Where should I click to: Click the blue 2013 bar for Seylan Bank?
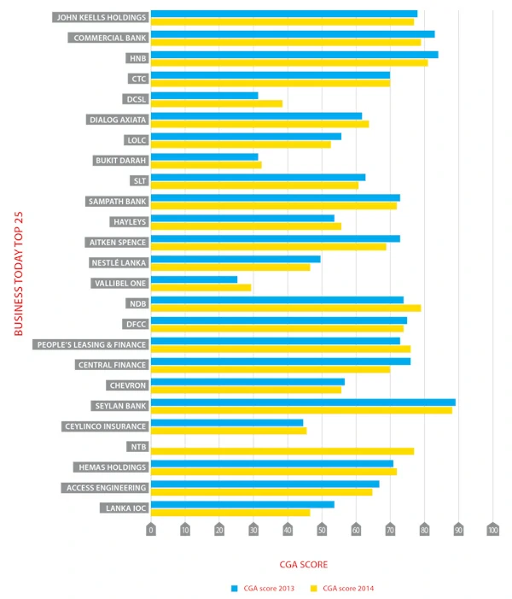point(303,402)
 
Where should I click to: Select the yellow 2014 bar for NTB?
point(282,451)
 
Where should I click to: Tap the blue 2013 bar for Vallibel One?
point(195,279)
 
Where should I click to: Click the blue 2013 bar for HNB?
point(294,55)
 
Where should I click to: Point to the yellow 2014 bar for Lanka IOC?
point(230,513)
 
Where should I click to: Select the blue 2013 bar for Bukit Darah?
point(205,156)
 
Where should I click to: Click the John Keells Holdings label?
point(101,17)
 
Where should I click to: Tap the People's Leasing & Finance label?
point(91,344)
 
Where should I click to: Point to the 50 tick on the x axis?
point(322,530)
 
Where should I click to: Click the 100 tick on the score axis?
point(492,530)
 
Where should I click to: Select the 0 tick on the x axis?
point(151,530)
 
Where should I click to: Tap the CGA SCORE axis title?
point(303,565)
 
